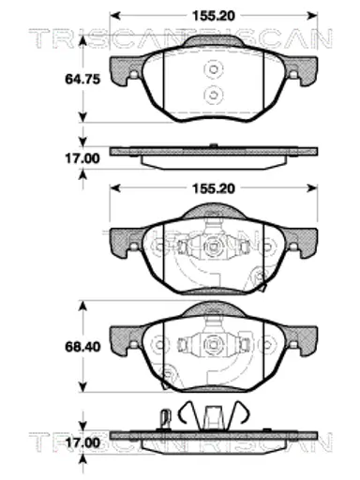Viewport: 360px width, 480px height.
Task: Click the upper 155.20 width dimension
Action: coord(213,16)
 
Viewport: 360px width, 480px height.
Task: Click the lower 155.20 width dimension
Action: coord(213,188)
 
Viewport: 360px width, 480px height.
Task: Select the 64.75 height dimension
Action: coord(82,79)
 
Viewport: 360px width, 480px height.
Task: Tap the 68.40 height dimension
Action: coord(82,347)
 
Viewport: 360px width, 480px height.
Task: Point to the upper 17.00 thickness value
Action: coord(82,158)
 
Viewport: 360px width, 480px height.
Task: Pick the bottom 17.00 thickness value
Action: coord(82,442)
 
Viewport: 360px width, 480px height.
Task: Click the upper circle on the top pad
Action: coord(214,69)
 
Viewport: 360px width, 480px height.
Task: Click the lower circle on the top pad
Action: coord(214,94)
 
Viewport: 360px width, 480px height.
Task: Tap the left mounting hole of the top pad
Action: coord(134,75)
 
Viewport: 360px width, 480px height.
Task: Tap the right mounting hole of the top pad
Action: coord(293,75)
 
